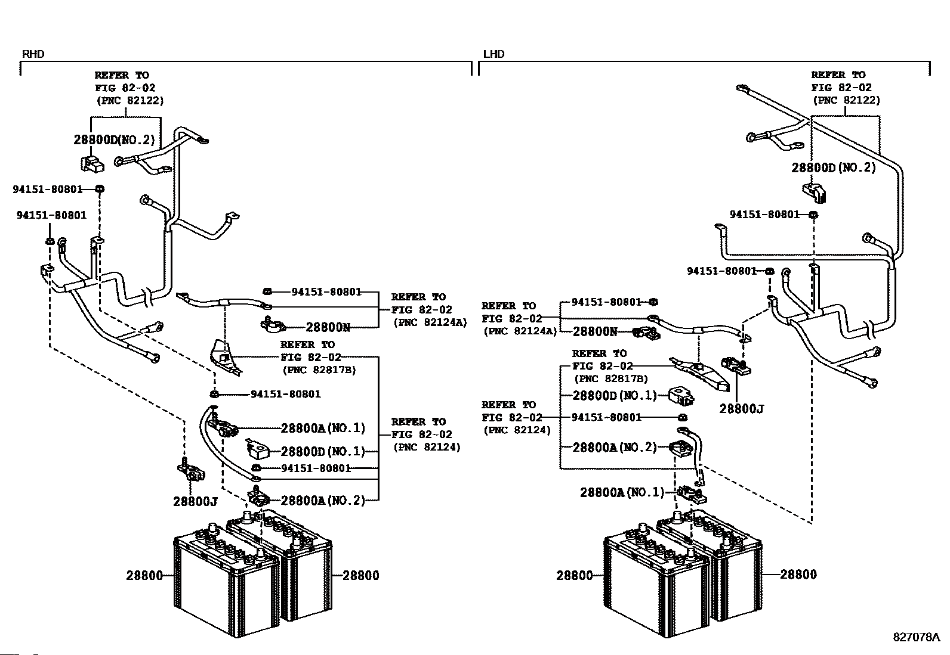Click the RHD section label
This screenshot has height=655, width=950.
(33, 54)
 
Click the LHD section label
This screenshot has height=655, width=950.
(493, 54)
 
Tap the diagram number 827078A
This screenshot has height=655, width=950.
(916, 637)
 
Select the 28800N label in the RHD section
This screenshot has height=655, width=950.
(328, 327)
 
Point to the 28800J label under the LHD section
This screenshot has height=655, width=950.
(741, 409)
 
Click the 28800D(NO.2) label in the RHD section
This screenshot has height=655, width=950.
(114, 140)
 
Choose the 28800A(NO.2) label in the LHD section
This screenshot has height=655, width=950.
(614, 447)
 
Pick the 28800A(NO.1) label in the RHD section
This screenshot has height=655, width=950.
(322, 428)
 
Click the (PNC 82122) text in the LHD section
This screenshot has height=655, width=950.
(846, 100)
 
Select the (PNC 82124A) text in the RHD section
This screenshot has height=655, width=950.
(430, 322)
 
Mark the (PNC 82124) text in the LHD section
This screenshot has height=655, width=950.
(517, 429)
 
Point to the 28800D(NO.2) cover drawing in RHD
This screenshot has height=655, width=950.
(91, 163)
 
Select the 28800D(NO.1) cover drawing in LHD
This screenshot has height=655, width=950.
(680, 395)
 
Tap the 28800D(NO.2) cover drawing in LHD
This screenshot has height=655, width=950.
(815, 191)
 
